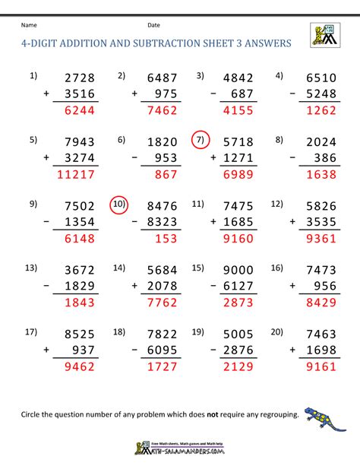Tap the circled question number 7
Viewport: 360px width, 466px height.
pyautogui.click(x=201, y=141)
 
